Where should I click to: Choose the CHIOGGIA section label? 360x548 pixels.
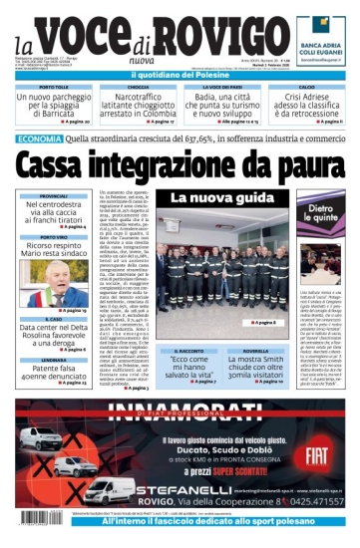click(x=139, y=87)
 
